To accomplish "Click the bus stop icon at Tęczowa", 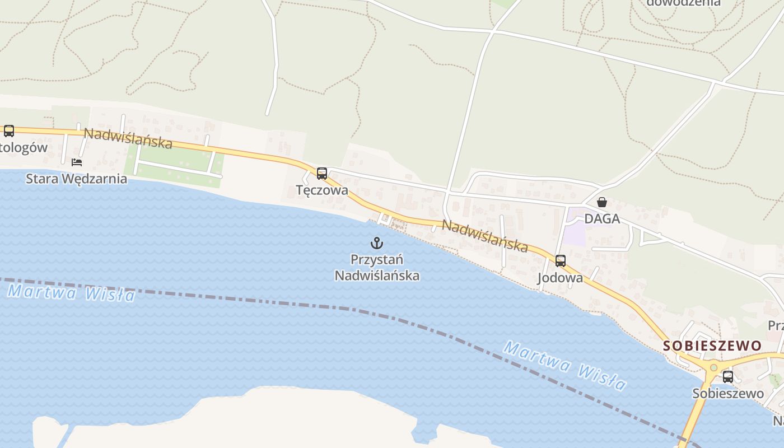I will (321, 174).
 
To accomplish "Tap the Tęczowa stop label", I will (322, 190).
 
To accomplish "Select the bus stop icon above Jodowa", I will (561, 261).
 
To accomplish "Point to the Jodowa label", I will (560, 278).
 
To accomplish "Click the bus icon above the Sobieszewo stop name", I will (728, 377).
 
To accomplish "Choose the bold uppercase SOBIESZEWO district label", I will (712, 346).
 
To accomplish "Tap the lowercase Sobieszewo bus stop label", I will (728, 393).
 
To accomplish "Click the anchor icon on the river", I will (377, 243).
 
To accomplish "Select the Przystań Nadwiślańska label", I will (377, 268).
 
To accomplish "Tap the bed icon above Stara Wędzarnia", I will (77, 162).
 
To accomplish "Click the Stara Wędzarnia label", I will (76, 179).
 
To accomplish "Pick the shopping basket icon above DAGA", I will (602, 202).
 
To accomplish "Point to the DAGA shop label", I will (602, 218).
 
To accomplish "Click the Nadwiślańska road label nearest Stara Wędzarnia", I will (128, 138).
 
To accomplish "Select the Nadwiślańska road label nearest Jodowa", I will (485, 235).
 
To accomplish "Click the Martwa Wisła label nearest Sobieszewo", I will (564, 365).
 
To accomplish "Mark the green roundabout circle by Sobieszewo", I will (713, 368).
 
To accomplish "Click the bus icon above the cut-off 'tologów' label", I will (9, 131).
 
